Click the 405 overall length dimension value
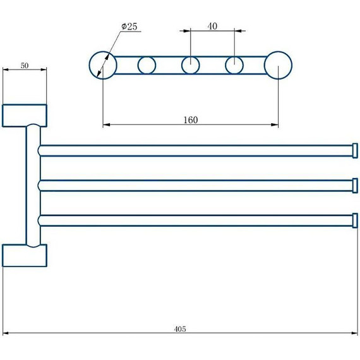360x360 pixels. pos(181,329)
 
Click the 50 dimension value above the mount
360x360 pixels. pos(25,65)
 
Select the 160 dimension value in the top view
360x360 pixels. pos(190,120)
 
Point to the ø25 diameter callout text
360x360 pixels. pos(129,27)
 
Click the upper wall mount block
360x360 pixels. pos(25,115)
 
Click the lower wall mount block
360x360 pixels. pos(25,255)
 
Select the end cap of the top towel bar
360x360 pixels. pos(355,150)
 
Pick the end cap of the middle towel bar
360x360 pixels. pos(355,185)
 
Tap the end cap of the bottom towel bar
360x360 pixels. pos(355,220)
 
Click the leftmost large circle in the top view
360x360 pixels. pos(102,64)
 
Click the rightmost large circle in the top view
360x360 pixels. pos(278,65)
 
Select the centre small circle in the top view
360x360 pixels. pos(190,64)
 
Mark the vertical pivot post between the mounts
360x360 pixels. pos(33,185)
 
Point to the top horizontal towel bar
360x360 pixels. pos(189,150)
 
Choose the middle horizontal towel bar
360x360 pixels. pos(189,185)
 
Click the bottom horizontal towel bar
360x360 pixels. pos(189,220)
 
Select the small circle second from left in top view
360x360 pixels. pos(147,64)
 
